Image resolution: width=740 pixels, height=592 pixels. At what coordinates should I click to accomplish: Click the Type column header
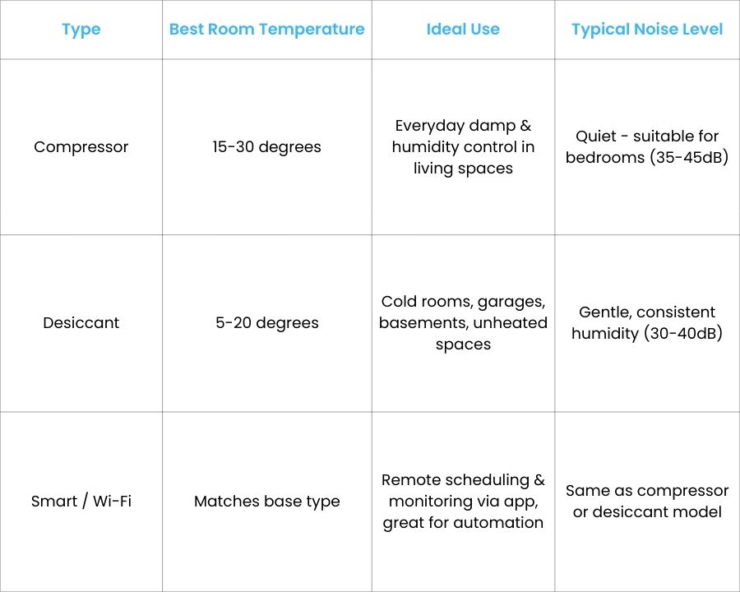pos(81,30)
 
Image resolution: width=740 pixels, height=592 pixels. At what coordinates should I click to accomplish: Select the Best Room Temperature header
pos(266,30)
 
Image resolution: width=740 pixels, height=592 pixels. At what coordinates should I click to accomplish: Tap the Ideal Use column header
pos(463,30)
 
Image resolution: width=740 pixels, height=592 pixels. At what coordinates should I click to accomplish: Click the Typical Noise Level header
pos(647,30)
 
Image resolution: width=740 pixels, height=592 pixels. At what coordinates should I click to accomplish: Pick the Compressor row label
pos(81,147)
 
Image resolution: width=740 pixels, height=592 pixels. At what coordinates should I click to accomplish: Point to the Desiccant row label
pos(81,323)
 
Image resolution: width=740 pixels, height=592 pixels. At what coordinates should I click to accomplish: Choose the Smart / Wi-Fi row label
pos(81,502)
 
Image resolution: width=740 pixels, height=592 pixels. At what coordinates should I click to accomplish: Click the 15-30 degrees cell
pos(266,147)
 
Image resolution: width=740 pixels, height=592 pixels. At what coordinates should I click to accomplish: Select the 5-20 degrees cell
pos(266,323)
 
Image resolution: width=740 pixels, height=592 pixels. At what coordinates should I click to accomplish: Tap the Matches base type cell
pos(266,502)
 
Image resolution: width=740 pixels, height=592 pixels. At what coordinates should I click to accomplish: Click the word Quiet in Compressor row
pos(596,136)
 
